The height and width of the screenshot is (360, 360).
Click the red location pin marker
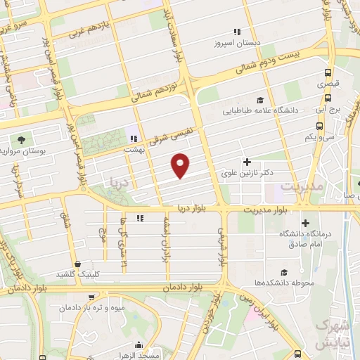181,165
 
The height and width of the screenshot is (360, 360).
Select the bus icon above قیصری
328,72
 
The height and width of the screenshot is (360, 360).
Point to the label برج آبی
328,110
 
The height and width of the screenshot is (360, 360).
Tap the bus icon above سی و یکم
320,126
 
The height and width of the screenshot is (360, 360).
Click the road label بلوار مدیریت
267,210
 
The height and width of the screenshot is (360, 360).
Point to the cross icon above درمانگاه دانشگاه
304,223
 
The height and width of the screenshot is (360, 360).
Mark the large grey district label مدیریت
302,187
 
